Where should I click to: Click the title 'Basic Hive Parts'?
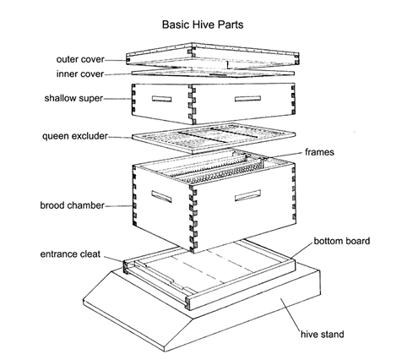coord(203,25)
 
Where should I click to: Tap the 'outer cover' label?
coord(80,59)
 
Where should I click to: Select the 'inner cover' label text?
coord(80,74)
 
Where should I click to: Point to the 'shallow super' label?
coord(73,98)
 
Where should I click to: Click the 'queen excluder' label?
coord(75,136)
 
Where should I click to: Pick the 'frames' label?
coord(319,152)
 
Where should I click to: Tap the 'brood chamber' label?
coord(72,205)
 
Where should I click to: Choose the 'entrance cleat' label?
coord(70,254)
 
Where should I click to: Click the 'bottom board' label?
coord(342,241)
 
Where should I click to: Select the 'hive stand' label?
coord(323,335)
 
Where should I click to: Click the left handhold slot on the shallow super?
coord(162,99)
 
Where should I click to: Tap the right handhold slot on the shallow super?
coord(247,99)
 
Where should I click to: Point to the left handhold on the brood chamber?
coord(161,196)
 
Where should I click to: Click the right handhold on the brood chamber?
coord(247,196)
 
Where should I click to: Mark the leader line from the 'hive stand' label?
coord(291,316)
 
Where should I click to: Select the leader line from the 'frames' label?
coord(283,155)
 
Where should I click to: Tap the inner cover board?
coord(213,73)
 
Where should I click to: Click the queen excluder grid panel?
coord(214,137)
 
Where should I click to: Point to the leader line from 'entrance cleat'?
coord(114,259)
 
